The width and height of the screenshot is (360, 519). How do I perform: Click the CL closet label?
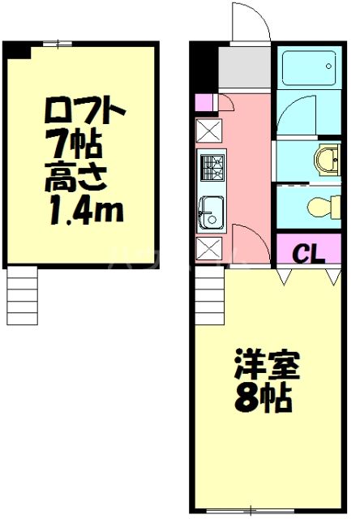308,253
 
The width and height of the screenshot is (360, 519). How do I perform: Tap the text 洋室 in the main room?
267,367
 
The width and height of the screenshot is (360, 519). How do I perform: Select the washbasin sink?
328,158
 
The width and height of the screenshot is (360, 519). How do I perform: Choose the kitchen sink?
211,212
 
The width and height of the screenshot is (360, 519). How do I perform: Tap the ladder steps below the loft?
22,296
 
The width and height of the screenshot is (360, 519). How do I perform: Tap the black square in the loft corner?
16,49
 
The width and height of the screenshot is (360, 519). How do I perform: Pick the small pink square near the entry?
204,102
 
